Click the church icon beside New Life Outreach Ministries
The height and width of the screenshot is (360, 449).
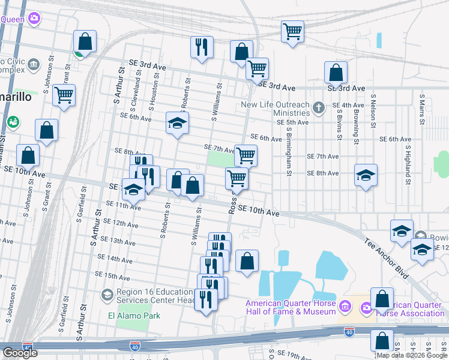click(x=319, y=109)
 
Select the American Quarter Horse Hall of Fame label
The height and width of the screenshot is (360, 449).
click(x=291, y=307)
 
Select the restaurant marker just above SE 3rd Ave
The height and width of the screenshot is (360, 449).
click(x=202, y=47)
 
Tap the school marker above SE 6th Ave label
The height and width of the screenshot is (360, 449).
click(x=176, y=123)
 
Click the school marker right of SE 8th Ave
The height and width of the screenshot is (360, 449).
click(x=366, y=175)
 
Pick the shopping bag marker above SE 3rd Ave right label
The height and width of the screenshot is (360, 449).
click(x=336, y=73)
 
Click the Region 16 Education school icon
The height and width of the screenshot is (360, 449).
click(x=107, y=295)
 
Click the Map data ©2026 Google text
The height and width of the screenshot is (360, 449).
click(x=411, y=355)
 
